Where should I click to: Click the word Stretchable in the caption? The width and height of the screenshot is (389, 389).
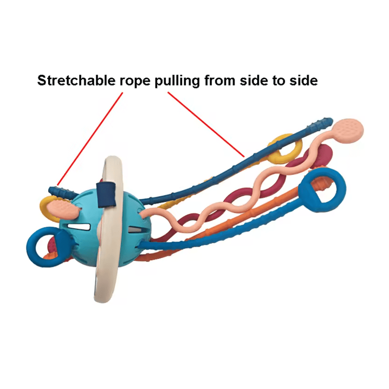coord(76,81)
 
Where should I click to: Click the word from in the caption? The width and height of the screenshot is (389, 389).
coord(219,81)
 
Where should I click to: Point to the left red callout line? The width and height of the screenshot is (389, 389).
coord(90,139)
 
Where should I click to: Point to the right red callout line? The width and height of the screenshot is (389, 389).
coord(206,125)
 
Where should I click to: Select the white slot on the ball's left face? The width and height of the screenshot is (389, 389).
coord(79,227)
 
